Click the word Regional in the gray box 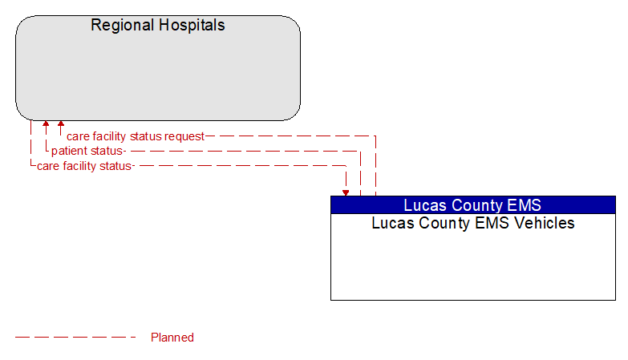[x=121, y=25]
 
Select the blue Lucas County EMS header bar [x=473, y=204]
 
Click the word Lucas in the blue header [x=423, y=205]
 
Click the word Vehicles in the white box [x=545, y=223]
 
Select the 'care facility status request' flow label [x=136, y=136]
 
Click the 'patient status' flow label [x=87, y=151]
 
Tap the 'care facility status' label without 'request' [x=84, y=166]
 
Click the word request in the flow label [x=184, y=136]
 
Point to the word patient [x=70, y=151]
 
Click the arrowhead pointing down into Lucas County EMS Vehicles [x=346, y=192]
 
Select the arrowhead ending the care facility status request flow [x=60, y=125]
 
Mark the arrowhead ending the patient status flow [x=46, y=125]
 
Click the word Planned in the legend [x=172, y=338]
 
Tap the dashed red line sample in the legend [x=76, y=338]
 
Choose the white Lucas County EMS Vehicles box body [x=473, y=265]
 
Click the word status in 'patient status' [x=107, y=151]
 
